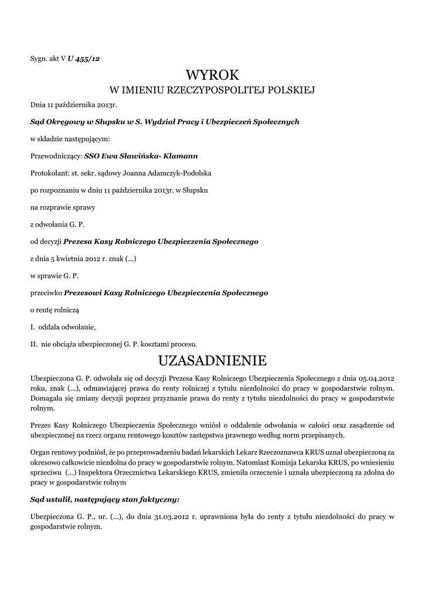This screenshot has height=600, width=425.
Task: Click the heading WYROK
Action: point(212,74)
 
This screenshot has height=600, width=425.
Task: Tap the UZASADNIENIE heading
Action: point(212,359)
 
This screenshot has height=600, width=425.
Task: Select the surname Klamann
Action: point(180,156)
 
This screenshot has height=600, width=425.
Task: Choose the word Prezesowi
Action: point(82,292)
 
